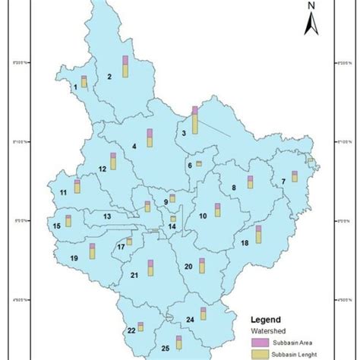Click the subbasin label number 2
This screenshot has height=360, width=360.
[x=109, y=76]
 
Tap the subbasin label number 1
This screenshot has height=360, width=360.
[x=75, y=87]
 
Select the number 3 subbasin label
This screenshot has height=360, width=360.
[x=184, y=134]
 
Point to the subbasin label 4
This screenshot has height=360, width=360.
[x=134, y=145]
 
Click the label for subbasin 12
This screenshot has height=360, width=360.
[x=102, y=168]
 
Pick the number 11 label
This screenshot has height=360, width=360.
[x=63, y=193]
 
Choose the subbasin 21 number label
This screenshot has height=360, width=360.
[x=134, y=275]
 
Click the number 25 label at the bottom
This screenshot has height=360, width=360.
[x=166, y=348]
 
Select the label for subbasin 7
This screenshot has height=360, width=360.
[x=283, y=181]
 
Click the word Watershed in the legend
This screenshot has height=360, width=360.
[x=267, y=331]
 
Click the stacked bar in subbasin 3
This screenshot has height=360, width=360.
[x=195, y=120]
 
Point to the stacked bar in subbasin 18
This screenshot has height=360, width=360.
[x=258, y=234]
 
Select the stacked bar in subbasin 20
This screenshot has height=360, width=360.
[x=202, y=265]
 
